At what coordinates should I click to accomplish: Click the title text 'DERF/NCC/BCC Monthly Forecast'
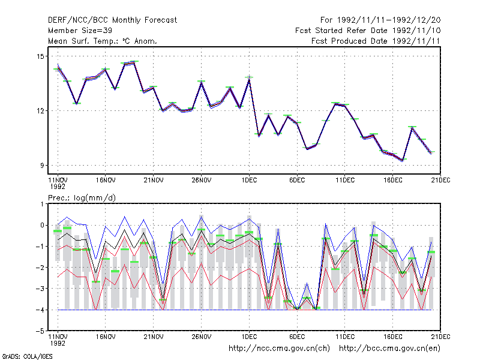pyautogui.click(x=112, y=20)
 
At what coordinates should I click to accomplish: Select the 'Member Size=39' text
pyautogui.click(x=80, y=31)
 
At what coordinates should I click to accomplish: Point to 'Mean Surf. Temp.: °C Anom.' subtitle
pyautogui.click(x=103, y=41)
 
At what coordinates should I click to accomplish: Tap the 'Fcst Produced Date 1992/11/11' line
pyautogui.click(x=376, y=41)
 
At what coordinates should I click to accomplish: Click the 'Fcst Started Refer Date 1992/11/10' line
pyautogui.click(x=368, y=31)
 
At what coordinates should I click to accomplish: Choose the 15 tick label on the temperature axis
pyautogui.click(x=40, y=56)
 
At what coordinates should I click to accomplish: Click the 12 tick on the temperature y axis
pyautogui.click(x=40, y=111)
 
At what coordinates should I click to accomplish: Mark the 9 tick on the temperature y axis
pyautogui.click(x=42, y=166)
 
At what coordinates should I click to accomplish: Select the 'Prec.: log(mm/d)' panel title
pyautogui.click(x=82, y=198)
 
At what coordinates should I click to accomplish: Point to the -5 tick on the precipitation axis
pyautogui.click(x=40, y=331)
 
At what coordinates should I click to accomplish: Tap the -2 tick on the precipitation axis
pyautogui.click(x=40, y=268)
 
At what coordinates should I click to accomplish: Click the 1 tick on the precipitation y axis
pyautogui.click(x=43, y=204)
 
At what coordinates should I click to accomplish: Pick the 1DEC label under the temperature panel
pyautogui.click(x=249, y=181)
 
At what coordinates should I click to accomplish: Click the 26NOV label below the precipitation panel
pyautogui.click(x=202, y=337)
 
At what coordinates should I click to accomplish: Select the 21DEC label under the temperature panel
pyautogui.click(x=440, y=181)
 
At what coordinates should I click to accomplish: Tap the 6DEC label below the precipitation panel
pyautogui.click(x=297, y=337)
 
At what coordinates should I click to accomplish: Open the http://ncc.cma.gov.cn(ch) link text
pyautogui.click(x=279, y=349)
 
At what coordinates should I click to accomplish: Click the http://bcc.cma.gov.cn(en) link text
pyautogui.click(x=389, y=349)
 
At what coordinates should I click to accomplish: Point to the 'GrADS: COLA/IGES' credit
pyautogui.click(x=27, y=356)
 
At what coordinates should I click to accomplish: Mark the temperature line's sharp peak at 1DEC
pyautogui.click(x=249, y=79)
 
